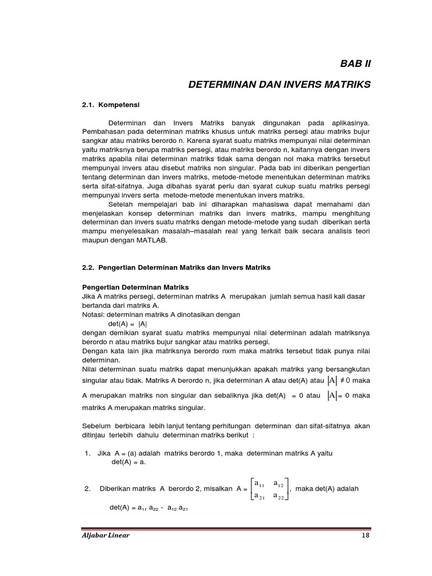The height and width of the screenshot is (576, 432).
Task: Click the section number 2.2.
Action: click(90, 268)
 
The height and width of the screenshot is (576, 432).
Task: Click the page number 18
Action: click(366, 535)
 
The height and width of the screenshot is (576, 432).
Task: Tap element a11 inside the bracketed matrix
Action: click(260, 483)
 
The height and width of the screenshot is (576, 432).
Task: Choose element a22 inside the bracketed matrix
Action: click(279, 495)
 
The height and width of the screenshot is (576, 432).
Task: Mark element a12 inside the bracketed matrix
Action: click(279, 483)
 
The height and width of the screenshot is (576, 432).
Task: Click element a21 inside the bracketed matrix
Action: click(260, 495)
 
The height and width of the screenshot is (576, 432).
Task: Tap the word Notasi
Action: click(93, 314)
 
